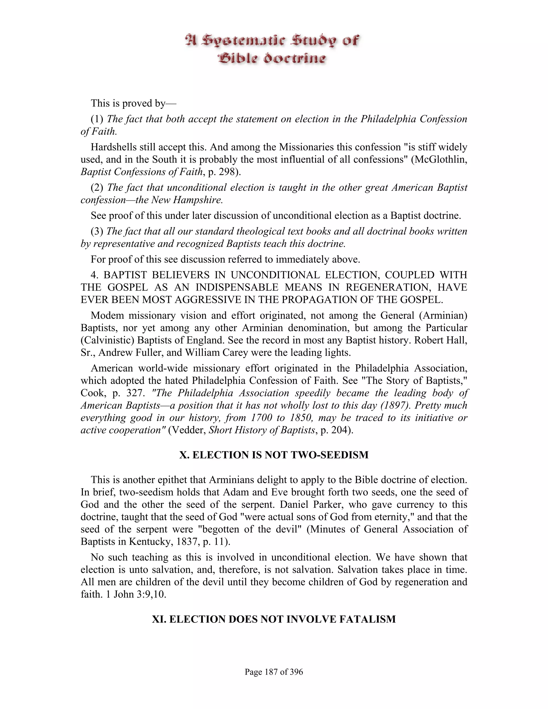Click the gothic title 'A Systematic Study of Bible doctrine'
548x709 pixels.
tap(272, 49)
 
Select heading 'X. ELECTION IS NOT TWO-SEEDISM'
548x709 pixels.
tap(274, 455)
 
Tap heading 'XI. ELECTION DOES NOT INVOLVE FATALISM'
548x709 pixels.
tap(274, 619)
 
